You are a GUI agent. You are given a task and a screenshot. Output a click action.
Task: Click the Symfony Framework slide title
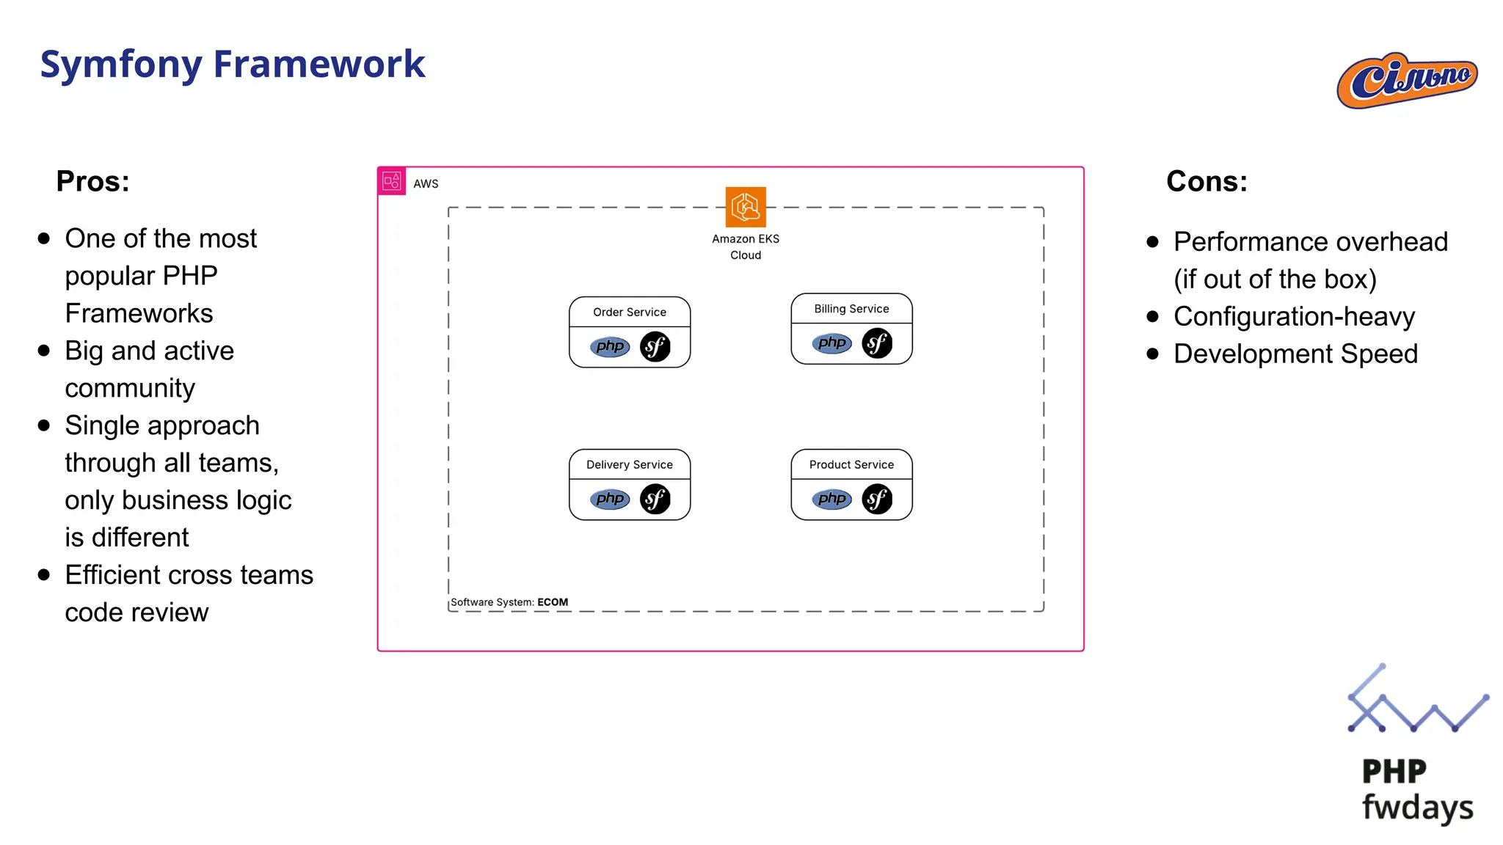(232, 64)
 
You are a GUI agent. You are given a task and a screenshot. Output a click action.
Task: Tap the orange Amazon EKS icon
(745, 207)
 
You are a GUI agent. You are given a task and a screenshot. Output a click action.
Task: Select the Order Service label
(629, 312)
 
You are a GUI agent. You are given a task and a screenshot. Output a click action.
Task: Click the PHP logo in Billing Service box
(831, 343)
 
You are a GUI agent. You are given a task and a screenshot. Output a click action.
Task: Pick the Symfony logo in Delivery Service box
(655, 500)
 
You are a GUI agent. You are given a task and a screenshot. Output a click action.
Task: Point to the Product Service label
(851, 465)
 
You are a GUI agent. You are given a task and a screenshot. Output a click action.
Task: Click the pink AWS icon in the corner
(392, 181)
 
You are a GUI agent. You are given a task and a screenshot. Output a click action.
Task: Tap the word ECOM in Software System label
(553, 602)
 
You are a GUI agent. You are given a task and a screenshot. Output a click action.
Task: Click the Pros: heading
(92, 181)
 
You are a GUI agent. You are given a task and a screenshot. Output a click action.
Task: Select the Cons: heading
(1207, 181)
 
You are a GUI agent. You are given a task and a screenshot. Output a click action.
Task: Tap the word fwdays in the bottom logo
(1417, 807)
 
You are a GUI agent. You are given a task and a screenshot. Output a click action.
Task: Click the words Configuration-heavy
(1294, 317)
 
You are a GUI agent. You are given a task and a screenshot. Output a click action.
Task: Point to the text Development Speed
(1295, 354)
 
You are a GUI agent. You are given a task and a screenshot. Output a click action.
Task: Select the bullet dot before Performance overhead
(1152, 242)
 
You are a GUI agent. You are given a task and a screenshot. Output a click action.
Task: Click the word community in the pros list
(130, 388)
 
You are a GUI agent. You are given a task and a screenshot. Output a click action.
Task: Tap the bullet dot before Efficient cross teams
(44, 575)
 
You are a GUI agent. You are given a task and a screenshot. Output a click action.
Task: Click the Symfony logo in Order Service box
(655, 347)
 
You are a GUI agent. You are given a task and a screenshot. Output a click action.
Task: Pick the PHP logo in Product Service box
(831, 500)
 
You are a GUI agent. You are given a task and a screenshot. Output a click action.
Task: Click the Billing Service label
(851, 309)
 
